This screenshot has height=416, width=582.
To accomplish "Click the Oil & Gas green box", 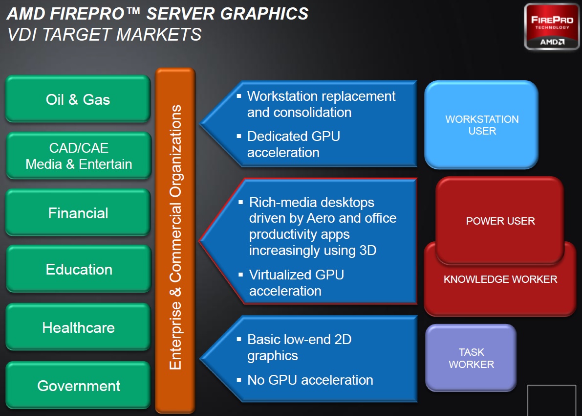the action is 78,99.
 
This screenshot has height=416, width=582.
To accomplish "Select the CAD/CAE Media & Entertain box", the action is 79,156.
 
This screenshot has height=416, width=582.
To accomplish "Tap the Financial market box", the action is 78,212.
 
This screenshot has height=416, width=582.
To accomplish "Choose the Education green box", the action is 79,269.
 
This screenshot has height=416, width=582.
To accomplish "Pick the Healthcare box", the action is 78,327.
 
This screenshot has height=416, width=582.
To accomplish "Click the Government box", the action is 78,385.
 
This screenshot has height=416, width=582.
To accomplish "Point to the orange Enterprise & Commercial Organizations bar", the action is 175,240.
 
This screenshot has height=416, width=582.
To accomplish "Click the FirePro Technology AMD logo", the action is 552,26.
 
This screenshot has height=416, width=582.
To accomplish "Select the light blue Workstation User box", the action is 481,125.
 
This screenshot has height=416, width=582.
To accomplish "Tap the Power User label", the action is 500,221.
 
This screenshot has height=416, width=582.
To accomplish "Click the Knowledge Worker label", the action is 500,279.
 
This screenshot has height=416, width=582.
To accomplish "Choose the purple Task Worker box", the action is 471,358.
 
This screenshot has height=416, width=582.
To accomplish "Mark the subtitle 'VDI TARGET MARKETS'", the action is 104,35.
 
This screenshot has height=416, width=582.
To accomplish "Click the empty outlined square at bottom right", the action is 552,400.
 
